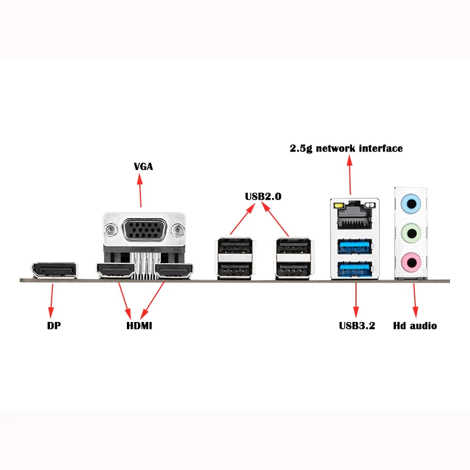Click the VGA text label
[x=143, y=166]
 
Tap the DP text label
[x=54, y=325]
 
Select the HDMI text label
[x=139, y=325]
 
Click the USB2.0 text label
[x=263, y=197]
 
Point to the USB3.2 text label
[x=357, y=325]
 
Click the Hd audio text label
[x=415, y=325]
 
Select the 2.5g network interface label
[x=346, y=148]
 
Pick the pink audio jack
[x=411, y=261]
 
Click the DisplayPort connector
[x=54, y=270]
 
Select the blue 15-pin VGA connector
[x=144, y=231]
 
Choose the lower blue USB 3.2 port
[x=355, y=270]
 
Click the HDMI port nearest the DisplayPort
[x=115, y=271]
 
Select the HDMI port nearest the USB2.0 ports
[x=174, y=271]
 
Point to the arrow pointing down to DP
[x=52, y=300]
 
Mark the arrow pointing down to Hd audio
[x=415, y=300]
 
